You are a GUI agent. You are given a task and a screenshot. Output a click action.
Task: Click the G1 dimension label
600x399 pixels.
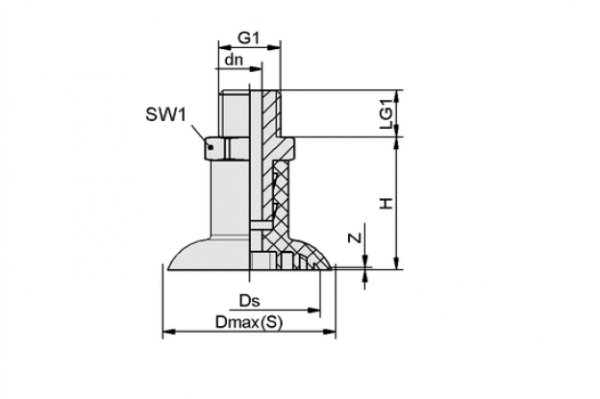[249, 37]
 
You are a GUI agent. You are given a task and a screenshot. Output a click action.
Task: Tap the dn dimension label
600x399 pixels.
[234, 60]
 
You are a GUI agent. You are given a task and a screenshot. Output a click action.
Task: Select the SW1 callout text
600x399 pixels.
[165, 114]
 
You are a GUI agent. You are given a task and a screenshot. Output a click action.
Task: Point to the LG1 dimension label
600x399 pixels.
[387, 113]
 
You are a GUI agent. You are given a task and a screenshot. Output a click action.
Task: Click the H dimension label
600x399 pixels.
[387, 203]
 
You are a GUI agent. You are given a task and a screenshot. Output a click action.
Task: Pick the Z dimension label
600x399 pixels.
[356, 237]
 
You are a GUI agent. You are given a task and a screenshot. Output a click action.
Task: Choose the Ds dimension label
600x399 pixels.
[249, 301]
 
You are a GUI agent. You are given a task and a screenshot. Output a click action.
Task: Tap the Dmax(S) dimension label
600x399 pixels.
[249, 322]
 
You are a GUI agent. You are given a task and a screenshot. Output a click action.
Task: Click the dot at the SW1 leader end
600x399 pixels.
[210, 146]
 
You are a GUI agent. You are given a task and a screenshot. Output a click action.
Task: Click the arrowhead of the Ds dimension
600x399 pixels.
[313, 310]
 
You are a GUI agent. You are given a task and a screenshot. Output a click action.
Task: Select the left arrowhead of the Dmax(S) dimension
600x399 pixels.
[169, 332]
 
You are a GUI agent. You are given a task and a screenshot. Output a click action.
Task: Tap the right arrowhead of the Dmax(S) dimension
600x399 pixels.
[329, 332]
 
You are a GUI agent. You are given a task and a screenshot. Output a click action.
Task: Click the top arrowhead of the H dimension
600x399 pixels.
[397, 143]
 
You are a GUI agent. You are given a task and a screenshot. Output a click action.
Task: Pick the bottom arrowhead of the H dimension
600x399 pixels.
[397, 262]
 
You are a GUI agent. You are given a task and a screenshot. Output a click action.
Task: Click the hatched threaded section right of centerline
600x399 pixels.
[271, 113]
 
